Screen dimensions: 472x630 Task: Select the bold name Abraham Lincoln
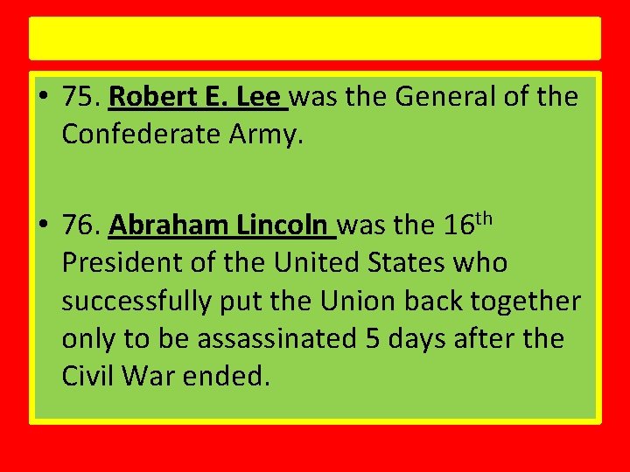[x=221, y=226]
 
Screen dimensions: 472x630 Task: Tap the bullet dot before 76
[x=44, y=226]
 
